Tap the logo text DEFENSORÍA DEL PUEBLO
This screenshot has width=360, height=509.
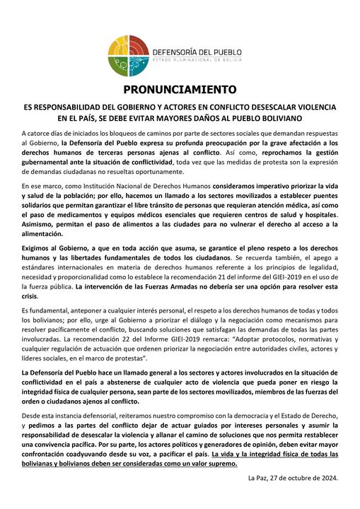point(196,52)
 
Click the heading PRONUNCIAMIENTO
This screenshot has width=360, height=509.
point(180,90)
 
